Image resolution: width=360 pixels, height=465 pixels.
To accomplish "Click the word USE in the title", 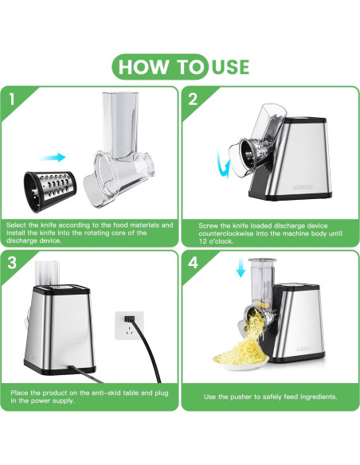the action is click(231, 67).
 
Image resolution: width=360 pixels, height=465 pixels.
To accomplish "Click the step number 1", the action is click(12, 99).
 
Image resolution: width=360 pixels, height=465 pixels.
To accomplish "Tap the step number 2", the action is click(193, 99).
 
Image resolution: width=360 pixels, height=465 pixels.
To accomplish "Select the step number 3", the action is click(12, 263).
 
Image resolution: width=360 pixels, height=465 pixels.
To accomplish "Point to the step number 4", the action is click(193, 263).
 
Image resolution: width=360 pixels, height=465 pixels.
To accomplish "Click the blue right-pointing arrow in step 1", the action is click(53, 157).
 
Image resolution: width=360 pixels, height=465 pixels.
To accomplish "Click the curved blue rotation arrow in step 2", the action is click(223, 164).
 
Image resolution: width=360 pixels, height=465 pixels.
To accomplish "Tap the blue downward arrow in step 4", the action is click(241, 266).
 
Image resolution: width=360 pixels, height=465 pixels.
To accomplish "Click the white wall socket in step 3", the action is click(129, 326).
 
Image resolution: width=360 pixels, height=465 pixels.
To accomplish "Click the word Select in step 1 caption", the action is click(17, 225).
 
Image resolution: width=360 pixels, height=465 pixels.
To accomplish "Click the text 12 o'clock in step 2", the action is click(216, 241).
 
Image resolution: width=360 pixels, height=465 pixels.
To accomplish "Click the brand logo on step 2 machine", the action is click(303, 187).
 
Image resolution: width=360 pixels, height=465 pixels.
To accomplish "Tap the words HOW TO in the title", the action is click(161, 67).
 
